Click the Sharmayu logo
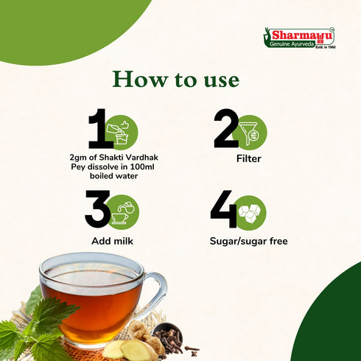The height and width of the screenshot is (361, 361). (299, 38)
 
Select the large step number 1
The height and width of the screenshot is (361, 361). (99, 128)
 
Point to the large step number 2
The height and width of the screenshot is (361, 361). (226, 128)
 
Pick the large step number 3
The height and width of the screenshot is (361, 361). (97, 208)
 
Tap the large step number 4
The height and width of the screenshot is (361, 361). (224, 209)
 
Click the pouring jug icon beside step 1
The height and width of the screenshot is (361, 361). (120, 133)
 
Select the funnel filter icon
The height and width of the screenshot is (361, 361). (250, 133)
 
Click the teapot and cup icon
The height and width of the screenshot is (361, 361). (122, 212)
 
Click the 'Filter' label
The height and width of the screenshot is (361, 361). (248, 158)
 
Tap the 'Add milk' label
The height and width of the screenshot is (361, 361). (112, 241)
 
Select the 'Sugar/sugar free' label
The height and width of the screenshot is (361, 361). (248, 241)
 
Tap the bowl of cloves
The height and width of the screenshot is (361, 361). (167, 334)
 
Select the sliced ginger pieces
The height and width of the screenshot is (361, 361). (130, 349)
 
